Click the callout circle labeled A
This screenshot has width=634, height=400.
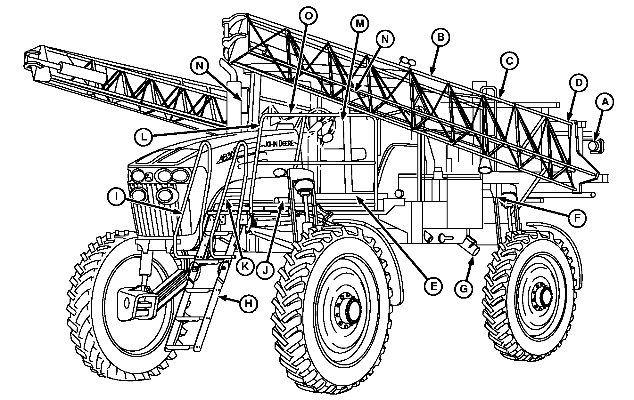(x=604, y=102)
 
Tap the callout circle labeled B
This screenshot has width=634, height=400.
(x=441, y=37)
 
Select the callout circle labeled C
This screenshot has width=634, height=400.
(x=510, y=61)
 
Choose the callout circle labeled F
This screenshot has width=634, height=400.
(x=576, y=218)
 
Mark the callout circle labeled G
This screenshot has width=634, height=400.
(x=464, y=289)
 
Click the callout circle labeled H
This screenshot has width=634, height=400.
(x=249, y=303)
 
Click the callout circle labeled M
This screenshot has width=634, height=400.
(x=359, y=23)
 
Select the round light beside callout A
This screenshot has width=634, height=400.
(x=593, y=146)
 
